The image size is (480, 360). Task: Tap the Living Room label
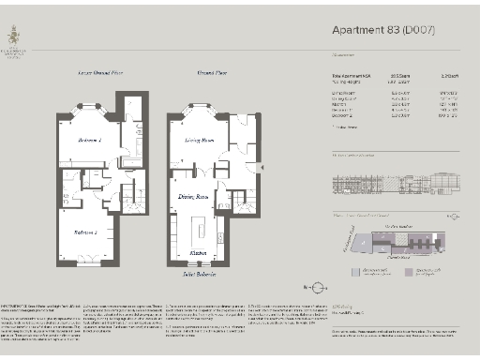pos(199,140)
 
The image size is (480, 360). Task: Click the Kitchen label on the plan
pos(199,254)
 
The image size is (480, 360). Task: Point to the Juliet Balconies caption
pos(199,275)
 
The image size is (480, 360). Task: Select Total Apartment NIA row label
pos(352,75)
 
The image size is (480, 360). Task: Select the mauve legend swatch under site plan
pos(407,272)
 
